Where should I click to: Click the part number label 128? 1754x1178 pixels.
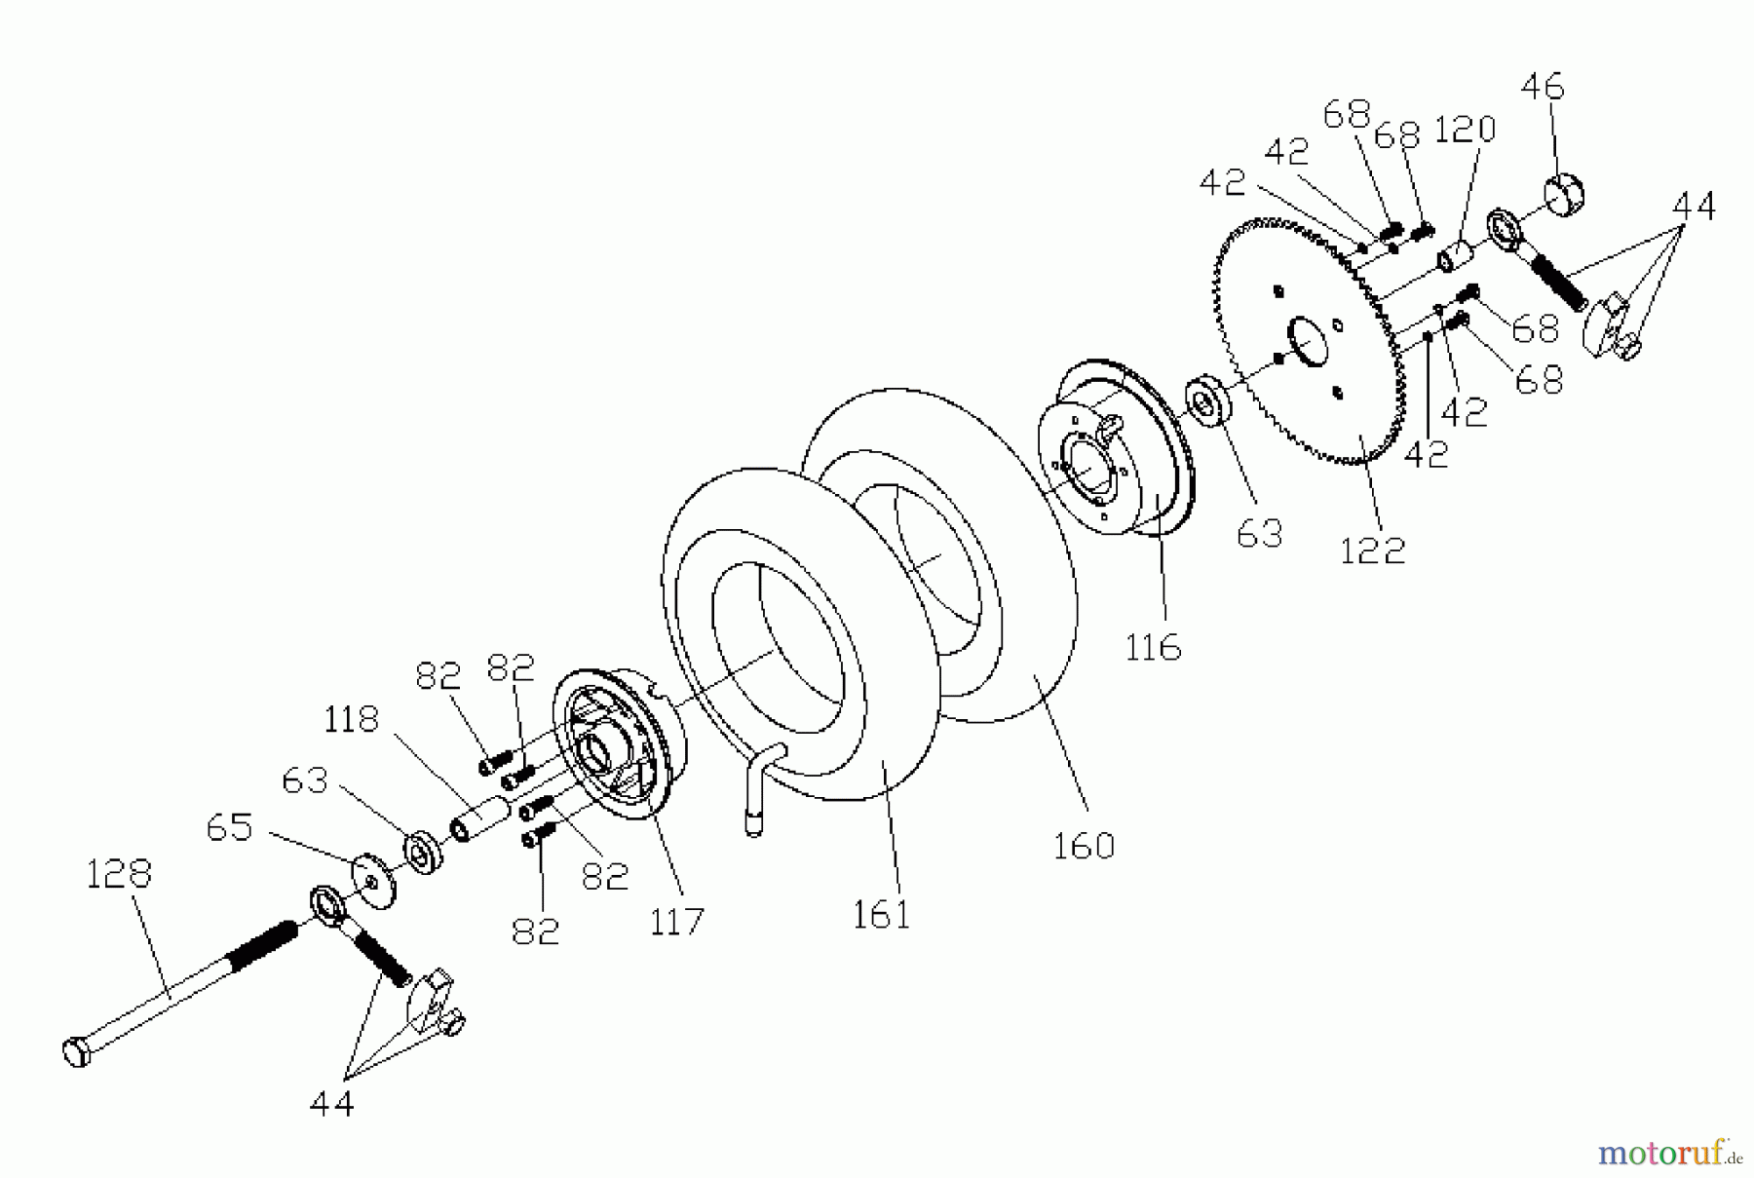point(119,874)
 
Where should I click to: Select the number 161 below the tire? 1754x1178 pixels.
point(881,915)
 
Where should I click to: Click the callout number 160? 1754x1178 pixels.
point(1084,845)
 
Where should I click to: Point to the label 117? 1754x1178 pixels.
point(676,921)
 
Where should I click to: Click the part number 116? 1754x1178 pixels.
point(1153,647)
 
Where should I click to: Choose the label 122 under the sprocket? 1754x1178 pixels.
point(1372,551)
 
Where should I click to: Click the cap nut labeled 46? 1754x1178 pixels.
point(1565,192)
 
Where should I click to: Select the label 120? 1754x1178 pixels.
point(1465,130)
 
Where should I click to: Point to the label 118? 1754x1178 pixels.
point(351,720)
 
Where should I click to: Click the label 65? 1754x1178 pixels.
point(229,828)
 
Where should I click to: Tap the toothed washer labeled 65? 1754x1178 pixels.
point(375,881)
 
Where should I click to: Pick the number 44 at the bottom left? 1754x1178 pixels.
point(331,1104)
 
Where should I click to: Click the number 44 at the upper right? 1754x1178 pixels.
point(1694,207)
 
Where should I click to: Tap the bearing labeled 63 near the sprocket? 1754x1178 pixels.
point(1206,399)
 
